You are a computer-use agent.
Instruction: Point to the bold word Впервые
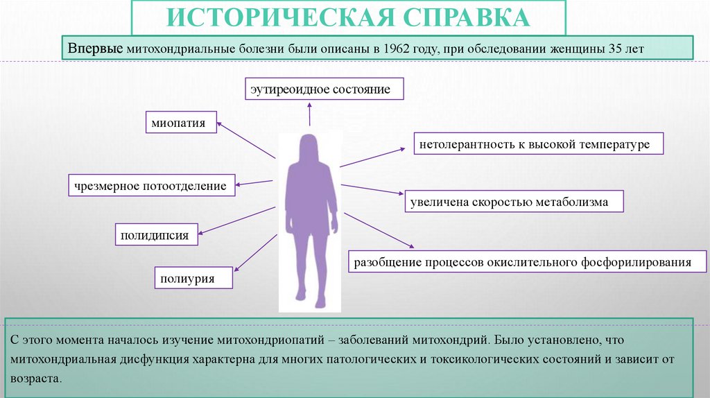[x=95, y=50]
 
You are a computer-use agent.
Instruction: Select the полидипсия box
[x=157, y=234]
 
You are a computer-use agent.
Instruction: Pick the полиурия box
[x=193, y=279]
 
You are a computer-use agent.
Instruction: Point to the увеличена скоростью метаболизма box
[x=513, y=202]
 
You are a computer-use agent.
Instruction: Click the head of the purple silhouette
[x=309, y=148]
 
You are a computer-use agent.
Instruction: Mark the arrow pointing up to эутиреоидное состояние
[x=310, y=114]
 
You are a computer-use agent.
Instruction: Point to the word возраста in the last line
[x=36, y=379]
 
